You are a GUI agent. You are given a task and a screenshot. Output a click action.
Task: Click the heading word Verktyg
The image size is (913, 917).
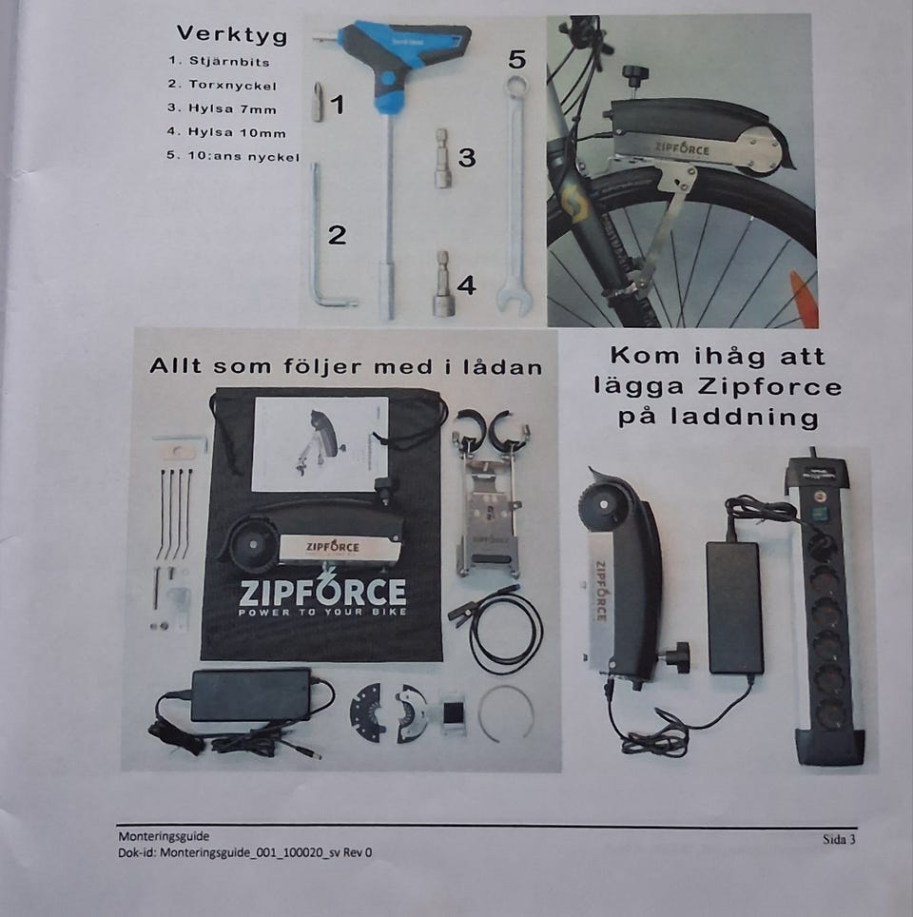pyautogui.click(x=232, y=34)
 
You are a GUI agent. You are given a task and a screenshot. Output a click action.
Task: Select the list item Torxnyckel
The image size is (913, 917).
pyautogui.click(x=232, y=85)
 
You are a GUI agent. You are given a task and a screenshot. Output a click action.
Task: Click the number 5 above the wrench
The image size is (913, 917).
pyautogui.click(x=517, y=59)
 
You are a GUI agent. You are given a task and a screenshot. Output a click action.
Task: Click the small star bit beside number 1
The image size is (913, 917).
pyautogui.click(x=318, y=102)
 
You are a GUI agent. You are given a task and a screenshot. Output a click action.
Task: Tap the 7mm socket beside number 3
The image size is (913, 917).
pyautogui.click(x=442, y=158)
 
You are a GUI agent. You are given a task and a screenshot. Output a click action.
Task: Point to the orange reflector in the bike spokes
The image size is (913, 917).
pyautogui.click(x=802, y=299)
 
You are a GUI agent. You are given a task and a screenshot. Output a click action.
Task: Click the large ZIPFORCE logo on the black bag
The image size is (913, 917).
pyautogui.click(x=322, y=592)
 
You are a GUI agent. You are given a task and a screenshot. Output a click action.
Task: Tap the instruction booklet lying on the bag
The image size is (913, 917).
pyautogui.click(x=321, y=444)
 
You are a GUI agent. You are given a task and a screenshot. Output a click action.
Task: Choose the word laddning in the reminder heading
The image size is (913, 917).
pyautogui.click(x=744, y=417)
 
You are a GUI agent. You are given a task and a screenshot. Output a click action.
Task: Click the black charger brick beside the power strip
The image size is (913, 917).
pyautogui.click(x=735, y=607)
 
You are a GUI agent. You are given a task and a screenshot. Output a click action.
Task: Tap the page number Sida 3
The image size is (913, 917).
pyautogui.click(x=839, y=839)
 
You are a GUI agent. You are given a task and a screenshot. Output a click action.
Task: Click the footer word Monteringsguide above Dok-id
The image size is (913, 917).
pyautogui.click(x=164, y=836)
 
